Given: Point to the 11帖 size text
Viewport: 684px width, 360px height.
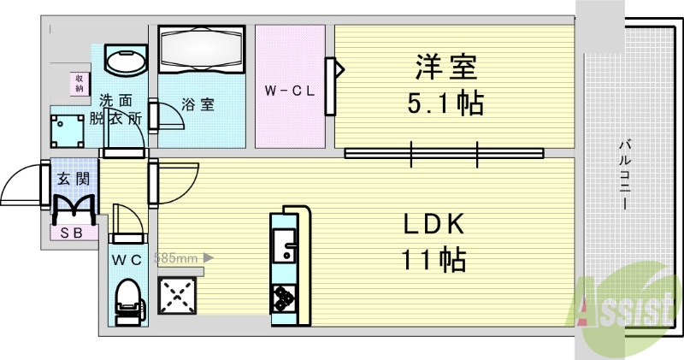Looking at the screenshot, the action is (x=434, y=259).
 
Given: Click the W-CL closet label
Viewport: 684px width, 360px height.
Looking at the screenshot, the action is (x=290, y=89).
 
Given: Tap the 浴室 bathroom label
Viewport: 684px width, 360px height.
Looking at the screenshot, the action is (x=198, y=104).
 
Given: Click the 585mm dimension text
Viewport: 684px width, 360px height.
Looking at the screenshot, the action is (x=176, y=256).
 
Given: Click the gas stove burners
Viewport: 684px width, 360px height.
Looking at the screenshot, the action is (x=283, y=298).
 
